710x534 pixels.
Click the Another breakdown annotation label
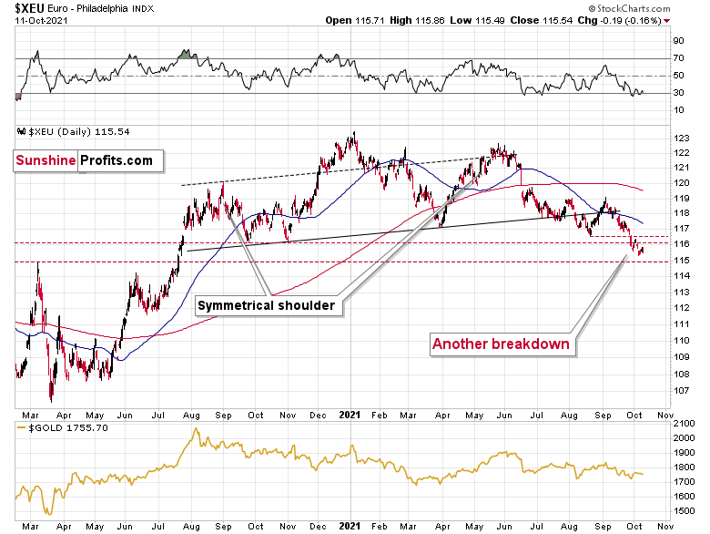[501, 344]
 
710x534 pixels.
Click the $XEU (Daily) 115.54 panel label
[76, 132]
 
